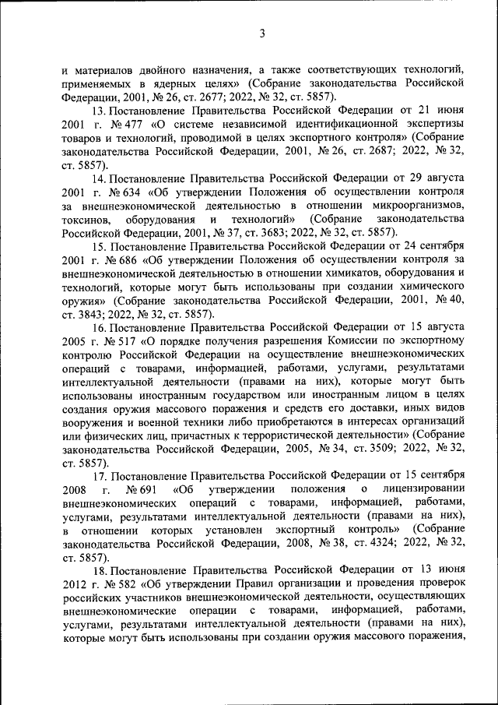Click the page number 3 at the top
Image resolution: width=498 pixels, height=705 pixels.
262,33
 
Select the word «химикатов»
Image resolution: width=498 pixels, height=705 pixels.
314,273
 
